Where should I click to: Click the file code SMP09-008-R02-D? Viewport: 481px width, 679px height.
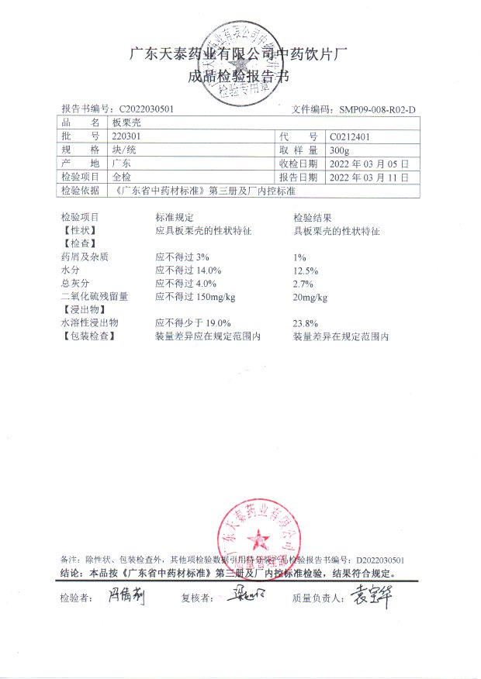tap(378, 110)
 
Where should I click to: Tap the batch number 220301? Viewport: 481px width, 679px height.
tap(126, 136)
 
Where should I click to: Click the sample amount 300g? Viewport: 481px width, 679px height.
tap(340, 150)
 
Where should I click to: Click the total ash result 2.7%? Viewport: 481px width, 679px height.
tap(303, 284)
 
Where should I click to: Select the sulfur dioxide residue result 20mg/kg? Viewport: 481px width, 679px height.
tap(310, 297)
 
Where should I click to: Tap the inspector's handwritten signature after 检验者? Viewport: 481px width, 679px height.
tap(125, 596)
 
